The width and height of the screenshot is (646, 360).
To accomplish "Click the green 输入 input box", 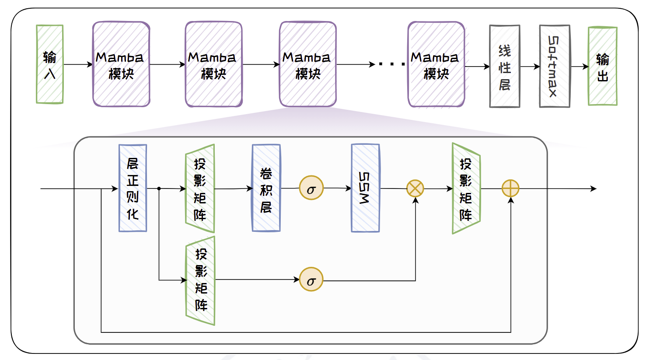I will [x=49, y=64].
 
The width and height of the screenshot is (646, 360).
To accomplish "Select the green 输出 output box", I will [x=602, y=66].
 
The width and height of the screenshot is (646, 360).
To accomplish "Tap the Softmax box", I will [x=554, y=66].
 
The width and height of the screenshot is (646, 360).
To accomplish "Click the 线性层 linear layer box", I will [x=504, y=66].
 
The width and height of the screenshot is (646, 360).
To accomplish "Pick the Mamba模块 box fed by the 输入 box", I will [x=121, y=64].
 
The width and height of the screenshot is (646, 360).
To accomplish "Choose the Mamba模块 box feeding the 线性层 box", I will [x=436, y=64].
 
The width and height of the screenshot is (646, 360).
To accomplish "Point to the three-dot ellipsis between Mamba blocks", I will [x=392, y=65].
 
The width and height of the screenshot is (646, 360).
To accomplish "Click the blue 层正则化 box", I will [x=133, y=188].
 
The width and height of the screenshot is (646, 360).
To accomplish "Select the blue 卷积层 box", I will [x=266, y=188].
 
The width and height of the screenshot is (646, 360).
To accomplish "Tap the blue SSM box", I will [x=365, y=188].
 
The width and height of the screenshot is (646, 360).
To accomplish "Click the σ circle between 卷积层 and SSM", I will [x=311, y=188].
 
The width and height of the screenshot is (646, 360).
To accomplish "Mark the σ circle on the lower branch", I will [x=311, y=280].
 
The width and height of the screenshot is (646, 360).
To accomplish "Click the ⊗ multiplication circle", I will [x=415, y=189].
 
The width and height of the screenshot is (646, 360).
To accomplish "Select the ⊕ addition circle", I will [x=510, y=189].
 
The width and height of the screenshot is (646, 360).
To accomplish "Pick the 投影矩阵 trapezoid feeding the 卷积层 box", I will [x=200, y=189].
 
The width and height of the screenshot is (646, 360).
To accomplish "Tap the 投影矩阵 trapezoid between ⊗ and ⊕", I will [x=466, y=189].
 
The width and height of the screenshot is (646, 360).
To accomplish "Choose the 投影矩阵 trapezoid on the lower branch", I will [x=201, y=280].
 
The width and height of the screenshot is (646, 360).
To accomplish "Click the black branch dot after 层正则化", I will [x=159, y=189].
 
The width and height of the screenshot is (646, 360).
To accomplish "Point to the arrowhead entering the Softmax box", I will [x=537, y=67].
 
